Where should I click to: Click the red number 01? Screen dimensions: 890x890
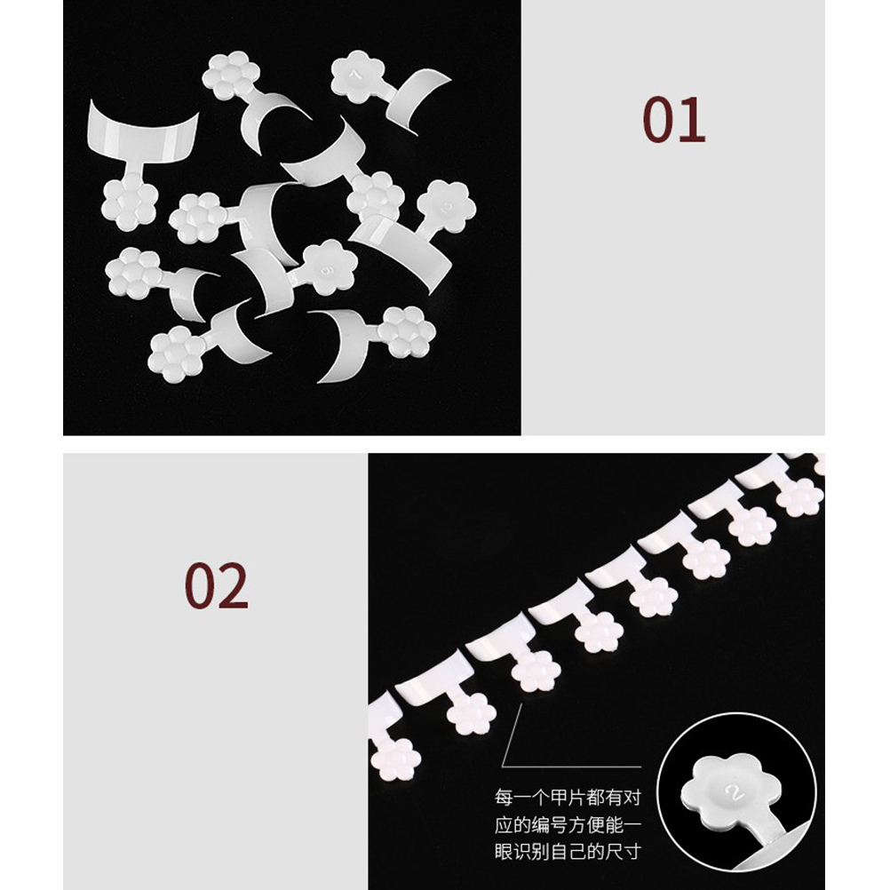coord(674,120)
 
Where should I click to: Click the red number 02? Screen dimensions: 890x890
coord(216,585)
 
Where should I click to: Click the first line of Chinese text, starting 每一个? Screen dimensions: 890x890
coord(568,798)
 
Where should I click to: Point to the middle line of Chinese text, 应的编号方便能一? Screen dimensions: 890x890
coord(568,825)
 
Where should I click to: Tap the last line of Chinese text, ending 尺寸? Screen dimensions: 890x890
coord(568,852)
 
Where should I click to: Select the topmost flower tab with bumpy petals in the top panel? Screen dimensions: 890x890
coord(231,77)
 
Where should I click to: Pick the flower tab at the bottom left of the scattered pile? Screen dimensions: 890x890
coord(176,354)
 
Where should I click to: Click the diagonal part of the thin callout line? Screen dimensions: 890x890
coord(512,735)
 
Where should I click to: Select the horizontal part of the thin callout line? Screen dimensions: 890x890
coord(572,767)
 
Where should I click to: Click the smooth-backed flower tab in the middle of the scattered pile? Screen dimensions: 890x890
coord(330,267)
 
